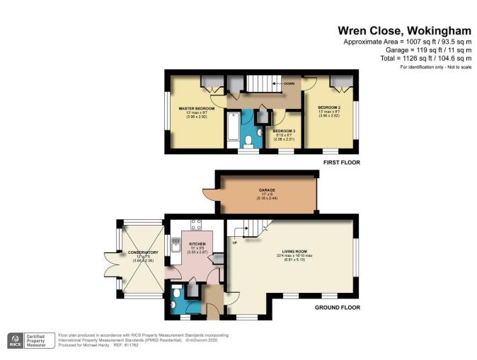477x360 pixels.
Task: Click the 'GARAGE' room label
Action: [268, 190]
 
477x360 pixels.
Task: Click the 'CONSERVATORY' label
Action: [142, 252]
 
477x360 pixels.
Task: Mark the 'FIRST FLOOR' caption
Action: [341, 163]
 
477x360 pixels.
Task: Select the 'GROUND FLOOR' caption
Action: [338, 308]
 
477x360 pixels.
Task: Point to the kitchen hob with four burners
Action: [196, 227]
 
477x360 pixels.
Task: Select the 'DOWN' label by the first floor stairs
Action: [289, 83]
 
